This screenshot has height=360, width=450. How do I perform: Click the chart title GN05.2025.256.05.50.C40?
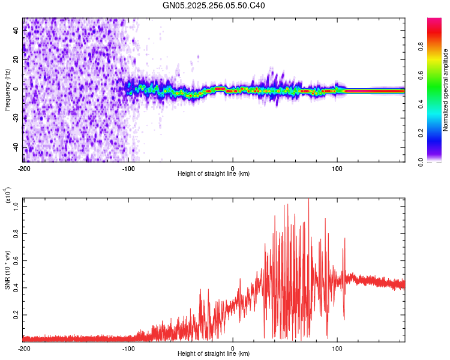pos(214,6)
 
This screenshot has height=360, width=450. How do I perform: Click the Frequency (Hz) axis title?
pos(7,91)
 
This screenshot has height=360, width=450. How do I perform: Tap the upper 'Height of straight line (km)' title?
pos(214,174)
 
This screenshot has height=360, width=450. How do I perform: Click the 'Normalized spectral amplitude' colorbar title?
pos(446,90)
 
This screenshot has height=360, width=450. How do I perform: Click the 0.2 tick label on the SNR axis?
pos(16,314)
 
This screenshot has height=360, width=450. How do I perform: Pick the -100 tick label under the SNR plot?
pos(128,348)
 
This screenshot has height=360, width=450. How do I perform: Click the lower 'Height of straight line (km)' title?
pos(214,354)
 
